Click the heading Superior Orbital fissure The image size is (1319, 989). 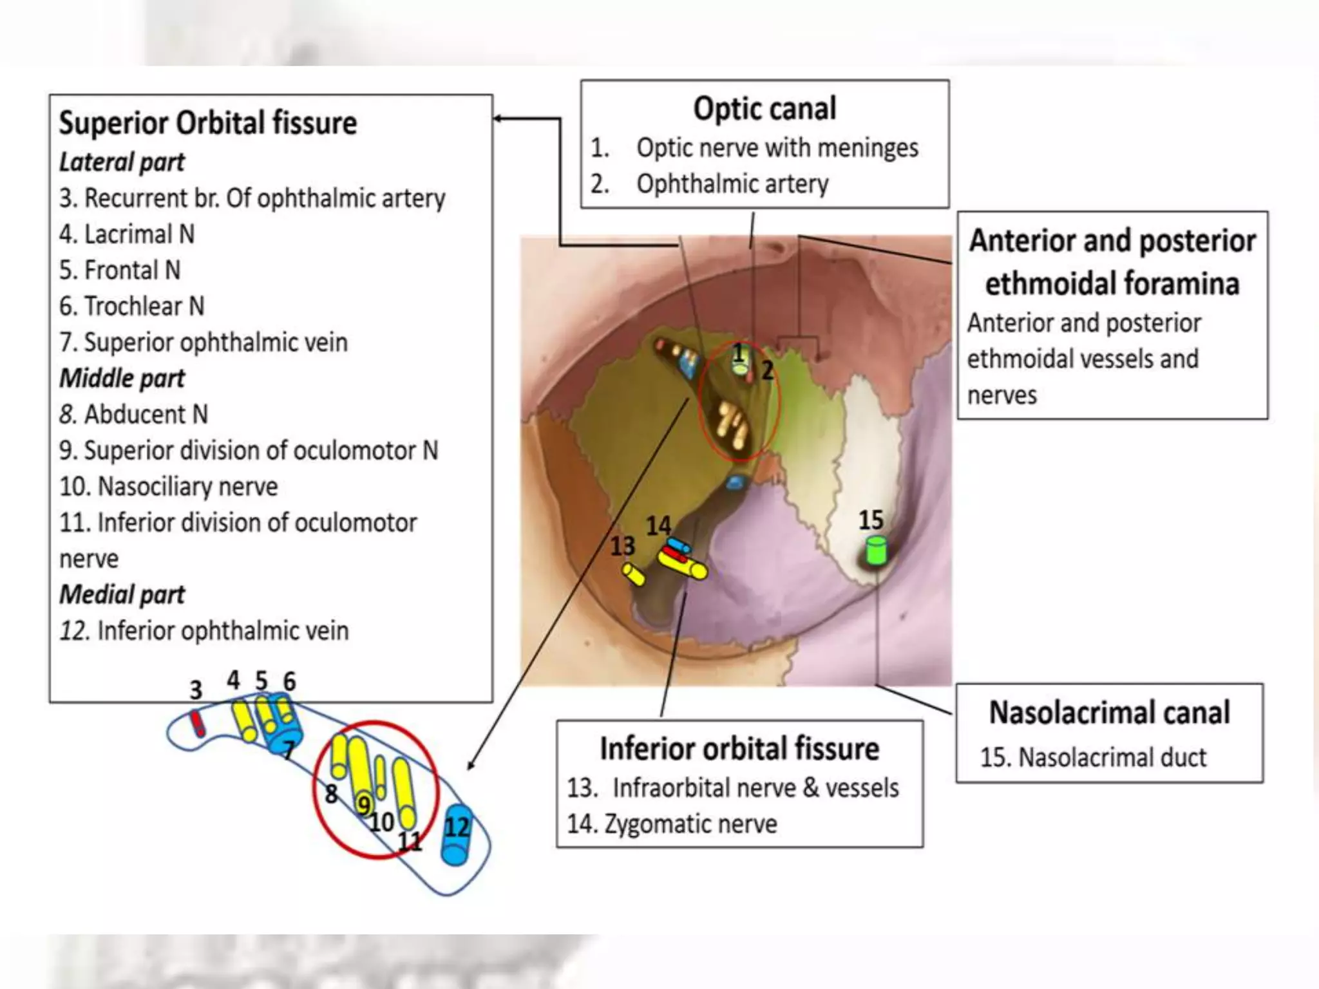click(x=207, y=123)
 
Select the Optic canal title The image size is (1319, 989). click(x=764, y=108)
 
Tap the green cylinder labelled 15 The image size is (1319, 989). click(x=876, y=551)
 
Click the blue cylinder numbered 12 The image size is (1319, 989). click(x=457, y=834)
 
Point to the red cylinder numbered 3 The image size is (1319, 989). click(x=197, y=724)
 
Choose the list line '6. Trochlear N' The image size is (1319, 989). click(x=131, y=306)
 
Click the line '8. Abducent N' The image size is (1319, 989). click(x=133, y=414)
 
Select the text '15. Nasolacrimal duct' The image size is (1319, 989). click(x=1093, y=757)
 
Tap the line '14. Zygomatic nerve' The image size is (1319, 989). click(x=672, y=824)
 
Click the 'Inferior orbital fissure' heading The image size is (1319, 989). click(x=739, y=749)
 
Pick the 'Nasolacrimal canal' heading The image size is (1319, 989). click(x=1109, y=713)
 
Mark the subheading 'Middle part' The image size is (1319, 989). click(x=122, y=378)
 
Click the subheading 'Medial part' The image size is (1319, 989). click(x=122, y=594)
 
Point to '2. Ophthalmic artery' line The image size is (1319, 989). click(x=710, y=184)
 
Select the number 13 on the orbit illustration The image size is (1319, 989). click(x=622, y=546)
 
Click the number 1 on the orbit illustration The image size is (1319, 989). click(x=739, y=352)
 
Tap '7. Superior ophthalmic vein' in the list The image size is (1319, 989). click(x=203, y=342)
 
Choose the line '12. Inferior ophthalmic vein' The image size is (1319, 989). click(x=204, y=630)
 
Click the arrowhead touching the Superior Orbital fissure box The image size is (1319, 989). click(x=498, y=118)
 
